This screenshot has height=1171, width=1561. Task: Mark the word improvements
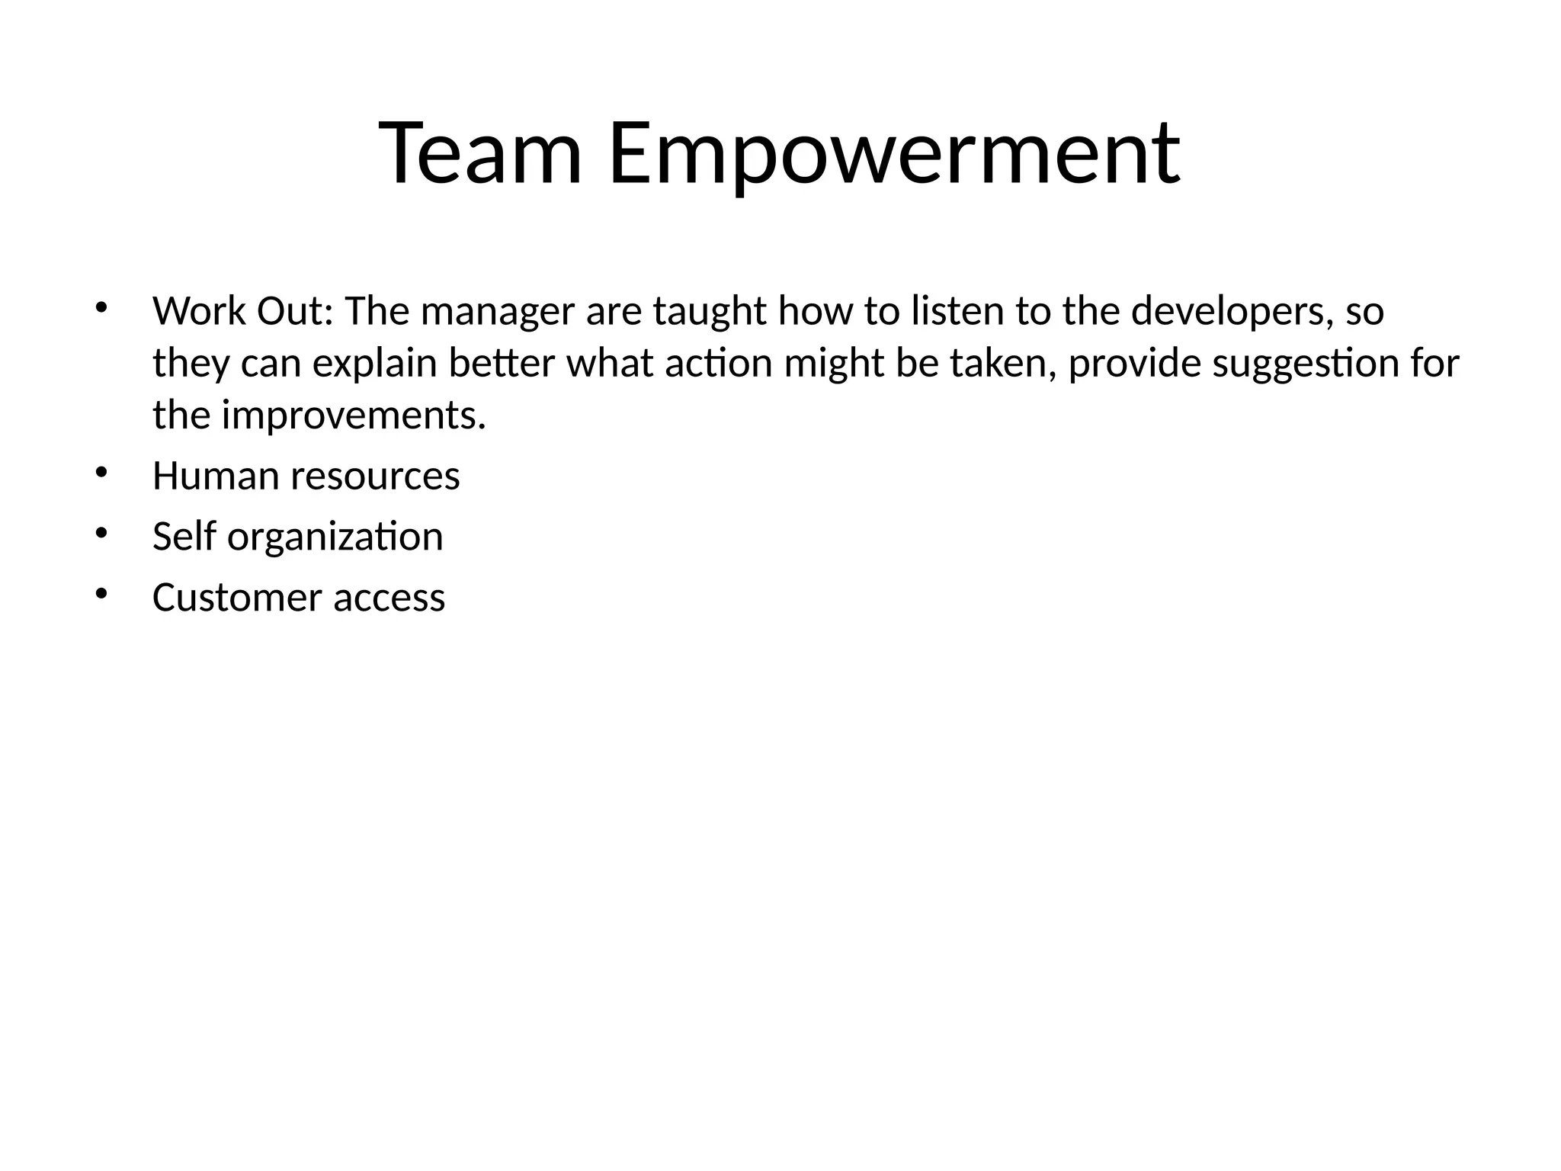354,416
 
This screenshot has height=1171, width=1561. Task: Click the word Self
184,537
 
